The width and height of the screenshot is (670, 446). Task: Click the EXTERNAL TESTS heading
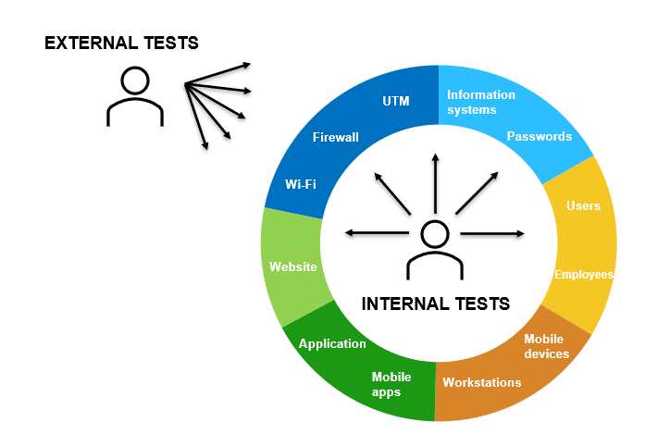click(x=121, y=43)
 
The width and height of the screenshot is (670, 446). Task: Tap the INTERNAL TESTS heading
click(x=436, y=304)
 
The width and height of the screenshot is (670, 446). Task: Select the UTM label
click(x=396, y=101)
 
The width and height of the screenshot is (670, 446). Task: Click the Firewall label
click(x=335, y=137)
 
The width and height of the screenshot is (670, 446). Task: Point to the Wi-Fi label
click(x=301, y=184)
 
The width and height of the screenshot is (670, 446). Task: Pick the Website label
click(x=293, y=266)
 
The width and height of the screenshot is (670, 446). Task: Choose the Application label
click(x=332, y=344)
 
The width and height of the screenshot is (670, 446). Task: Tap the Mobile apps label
click(x=391, y=385)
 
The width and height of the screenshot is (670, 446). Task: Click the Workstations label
click(x=481, y=382)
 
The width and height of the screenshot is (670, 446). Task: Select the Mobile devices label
click(x=547, y=346)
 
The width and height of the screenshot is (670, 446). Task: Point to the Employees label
click(x=584, y=275)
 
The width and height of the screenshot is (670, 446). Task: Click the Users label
click(x=583, y=206)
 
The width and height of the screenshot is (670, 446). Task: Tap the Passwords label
click(x=540, y=136)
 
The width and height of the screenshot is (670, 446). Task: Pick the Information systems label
click(x=480, y=102)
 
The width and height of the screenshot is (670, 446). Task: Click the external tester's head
click(x=135, y=81)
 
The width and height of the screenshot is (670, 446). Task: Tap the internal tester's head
click(x=435, y=234)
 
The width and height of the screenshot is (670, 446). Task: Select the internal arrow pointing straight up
click(x=435, y=183)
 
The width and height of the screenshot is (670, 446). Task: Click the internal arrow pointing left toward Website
click(x=377, y=233)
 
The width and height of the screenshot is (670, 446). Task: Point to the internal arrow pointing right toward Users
click(x=492, y=234)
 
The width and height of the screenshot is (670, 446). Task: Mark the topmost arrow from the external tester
click(x=217, y=73)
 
